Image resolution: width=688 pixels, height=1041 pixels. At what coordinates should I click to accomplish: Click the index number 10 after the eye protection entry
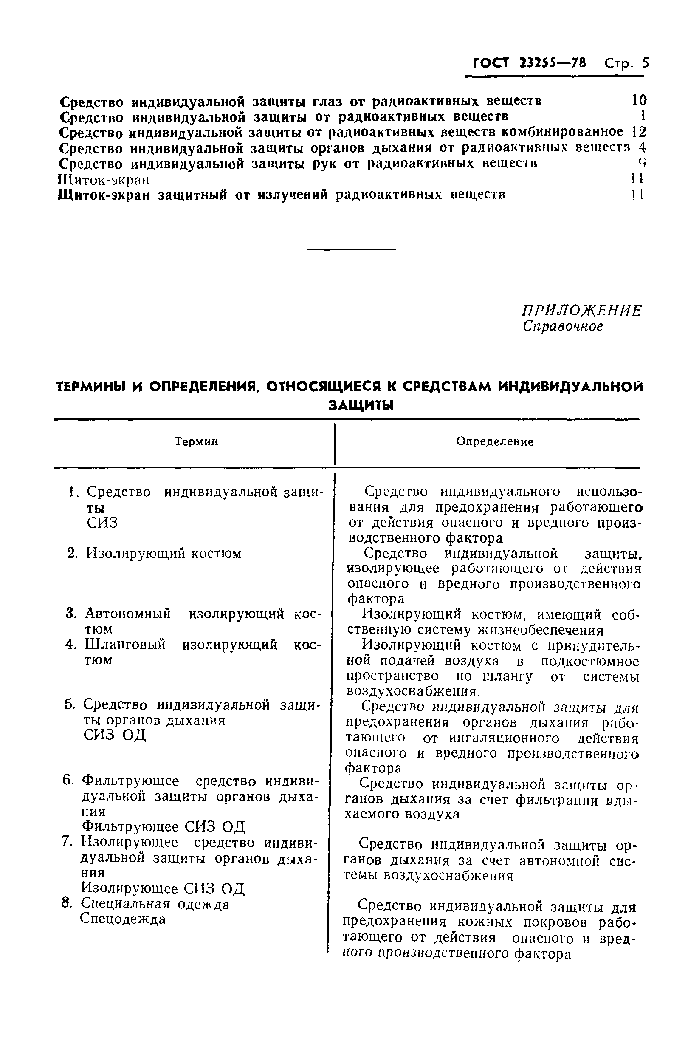[639, 101]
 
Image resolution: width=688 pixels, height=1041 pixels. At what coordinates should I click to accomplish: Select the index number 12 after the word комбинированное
[638, 132]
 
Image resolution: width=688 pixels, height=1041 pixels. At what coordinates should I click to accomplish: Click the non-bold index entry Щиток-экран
[104, 180]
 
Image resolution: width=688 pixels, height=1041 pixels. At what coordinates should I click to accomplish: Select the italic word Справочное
[563, 326]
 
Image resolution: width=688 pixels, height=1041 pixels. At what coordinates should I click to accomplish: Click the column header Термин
[196, 441]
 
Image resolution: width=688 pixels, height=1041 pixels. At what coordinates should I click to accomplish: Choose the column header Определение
[494, 441]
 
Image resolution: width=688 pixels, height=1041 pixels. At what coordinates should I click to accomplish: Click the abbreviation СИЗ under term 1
[102, 523]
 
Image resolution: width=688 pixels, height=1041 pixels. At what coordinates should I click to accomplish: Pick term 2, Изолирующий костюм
[163, 554]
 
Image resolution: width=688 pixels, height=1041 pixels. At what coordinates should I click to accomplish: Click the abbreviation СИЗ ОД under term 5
[115, 735]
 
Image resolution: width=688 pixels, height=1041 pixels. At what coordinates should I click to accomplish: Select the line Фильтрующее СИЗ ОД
[163, 827]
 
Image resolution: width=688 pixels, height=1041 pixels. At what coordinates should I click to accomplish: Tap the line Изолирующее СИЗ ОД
[163, 889]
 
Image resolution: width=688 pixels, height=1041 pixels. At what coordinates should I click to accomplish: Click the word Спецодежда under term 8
[123, 919]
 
